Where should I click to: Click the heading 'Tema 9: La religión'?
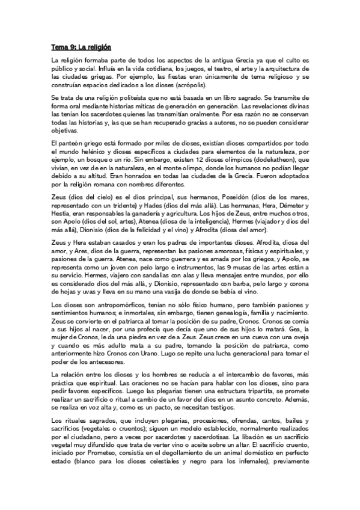[81, 47]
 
